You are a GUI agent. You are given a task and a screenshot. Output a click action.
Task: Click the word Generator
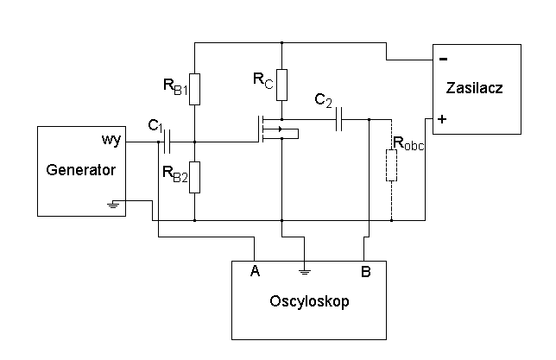80,170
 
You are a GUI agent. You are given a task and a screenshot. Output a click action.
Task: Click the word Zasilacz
474,88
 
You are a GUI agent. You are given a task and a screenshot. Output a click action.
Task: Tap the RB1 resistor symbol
195,88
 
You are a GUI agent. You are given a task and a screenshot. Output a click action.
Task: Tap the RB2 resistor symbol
195,177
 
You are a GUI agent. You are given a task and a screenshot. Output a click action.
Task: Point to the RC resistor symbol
281,83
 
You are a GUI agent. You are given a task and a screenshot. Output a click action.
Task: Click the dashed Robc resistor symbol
391,166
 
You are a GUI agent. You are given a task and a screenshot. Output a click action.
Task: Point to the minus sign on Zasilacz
443,60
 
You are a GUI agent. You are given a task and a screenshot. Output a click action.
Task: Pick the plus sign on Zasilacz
442,119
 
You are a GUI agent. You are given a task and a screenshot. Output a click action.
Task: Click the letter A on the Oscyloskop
255,272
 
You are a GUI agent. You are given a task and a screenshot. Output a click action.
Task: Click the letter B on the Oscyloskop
366,272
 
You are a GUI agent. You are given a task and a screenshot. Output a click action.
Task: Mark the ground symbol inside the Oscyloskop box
303,271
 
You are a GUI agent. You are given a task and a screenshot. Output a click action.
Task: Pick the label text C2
324,102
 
